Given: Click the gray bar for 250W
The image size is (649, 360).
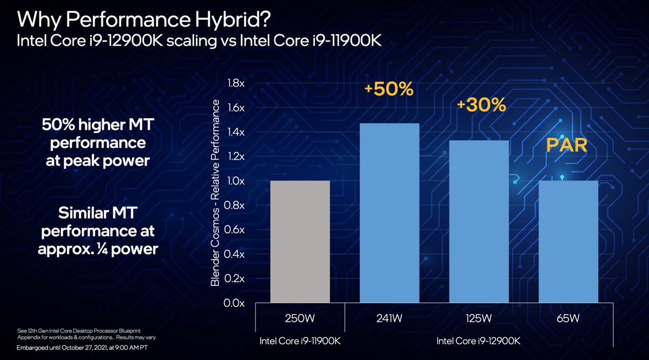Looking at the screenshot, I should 300,242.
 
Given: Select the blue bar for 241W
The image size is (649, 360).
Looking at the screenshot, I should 389,213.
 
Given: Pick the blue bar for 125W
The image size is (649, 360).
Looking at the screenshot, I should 479,221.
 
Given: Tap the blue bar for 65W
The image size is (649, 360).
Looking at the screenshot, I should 568,242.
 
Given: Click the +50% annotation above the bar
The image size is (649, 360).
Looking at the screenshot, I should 389,89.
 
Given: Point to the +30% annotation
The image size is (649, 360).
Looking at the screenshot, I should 481,105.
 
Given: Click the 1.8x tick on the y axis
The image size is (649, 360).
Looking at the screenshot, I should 234,83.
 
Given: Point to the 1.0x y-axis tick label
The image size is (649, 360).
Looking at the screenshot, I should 234,181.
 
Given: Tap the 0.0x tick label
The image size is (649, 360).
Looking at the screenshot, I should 234,303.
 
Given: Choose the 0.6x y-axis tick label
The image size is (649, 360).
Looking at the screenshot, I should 234,230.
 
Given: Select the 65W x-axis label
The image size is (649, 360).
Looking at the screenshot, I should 568,318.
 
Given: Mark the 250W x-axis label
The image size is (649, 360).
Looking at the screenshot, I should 300,318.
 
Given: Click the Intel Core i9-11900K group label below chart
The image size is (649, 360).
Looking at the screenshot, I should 300,341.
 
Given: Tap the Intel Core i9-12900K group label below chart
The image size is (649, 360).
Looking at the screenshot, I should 479,341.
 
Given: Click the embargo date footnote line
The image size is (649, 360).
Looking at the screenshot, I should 82,347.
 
